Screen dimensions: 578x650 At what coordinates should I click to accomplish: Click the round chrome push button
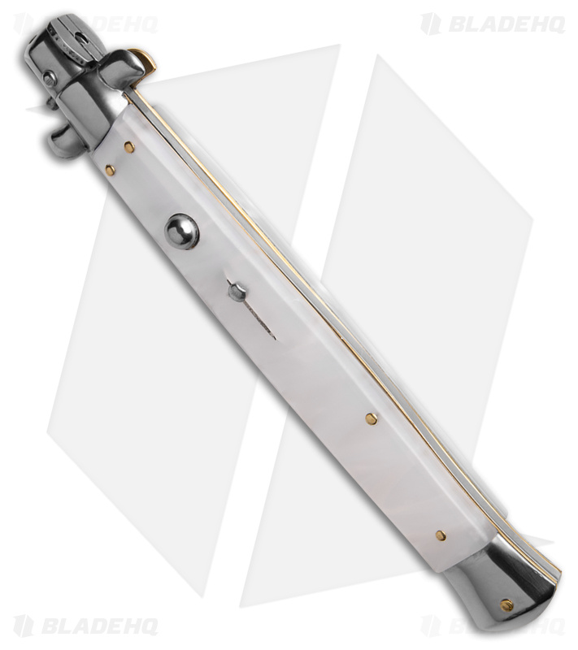(181, 232)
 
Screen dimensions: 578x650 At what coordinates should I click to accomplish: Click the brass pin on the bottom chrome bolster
(506, 605)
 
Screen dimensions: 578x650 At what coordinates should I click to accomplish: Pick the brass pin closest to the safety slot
(372, 419)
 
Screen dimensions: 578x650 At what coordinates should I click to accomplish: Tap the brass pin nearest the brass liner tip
(128, 146)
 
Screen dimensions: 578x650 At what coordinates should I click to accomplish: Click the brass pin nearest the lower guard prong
(110, 169)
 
